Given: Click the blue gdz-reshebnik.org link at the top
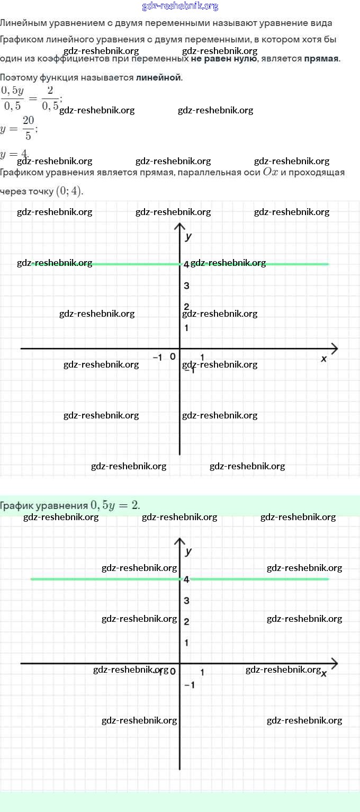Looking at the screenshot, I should coord(180,6).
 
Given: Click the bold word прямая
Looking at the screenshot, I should coord(321,58).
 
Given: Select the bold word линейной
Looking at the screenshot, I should coord(158,77).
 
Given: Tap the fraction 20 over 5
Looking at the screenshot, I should coord(28,129).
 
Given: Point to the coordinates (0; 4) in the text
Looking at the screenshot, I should coord(69,191).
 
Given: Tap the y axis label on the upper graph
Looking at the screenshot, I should coord(188,236).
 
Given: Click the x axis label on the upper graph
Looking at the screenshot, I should coord(324,359).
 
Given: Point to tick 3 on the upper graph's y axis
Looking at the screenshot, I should coord(186,286).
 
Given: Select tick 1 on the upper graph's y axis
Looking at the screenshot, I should coord(186,328).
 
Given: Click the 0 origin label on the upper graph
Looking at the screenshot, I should coord(173,356).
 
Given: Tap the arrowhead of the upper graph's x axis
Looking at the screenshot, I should coord(334,349).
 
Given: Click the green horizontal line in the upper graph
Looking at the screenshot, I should coord(132,264).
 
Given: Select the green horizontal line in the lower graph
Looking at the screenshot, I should coord(106,579).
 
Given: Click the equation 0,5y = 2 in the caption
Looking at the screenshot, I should coord(115,505).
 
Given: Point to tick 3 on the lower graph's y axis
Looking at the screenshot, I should coord(186,601).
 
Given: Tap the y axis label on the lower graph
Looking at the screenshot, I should coord(188,551).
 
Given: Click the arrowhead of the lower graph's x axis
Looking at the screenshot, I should coord(334,663).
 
